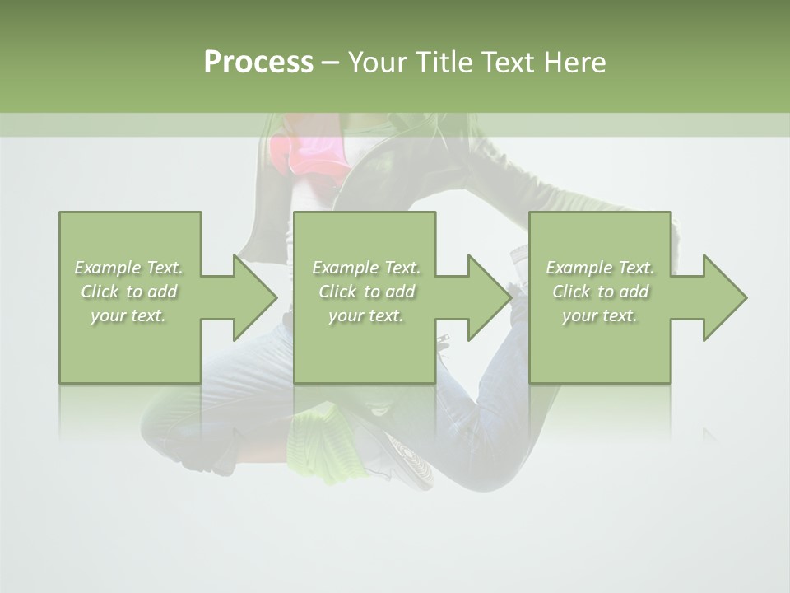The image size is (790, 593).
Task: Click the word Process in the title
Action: coord(258,63)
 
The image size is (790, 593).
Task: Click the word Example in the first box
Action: coord(107,268)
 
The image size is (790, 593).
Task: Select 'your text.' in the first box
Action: coord(128,315)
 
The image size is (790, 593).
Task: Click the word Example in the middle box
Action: coord(345,268)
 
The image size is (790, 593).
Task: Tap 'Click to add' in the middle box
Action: coord(366,292)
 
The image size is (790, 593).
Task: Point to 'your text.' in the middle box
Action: coord(366,315)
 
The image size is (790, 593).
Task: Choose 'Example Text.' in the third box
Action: coord(600,268)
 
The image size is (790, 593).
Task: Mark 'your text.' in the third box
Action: coord(600,315)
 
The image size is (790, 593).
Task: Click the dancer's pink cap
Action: coord(303,156)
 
